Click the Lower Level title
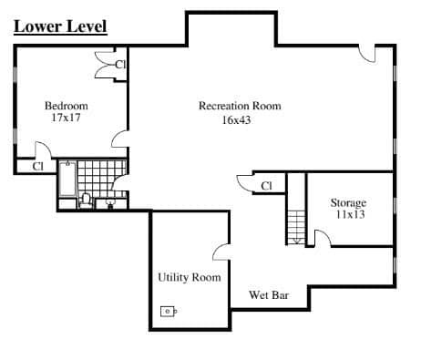60,26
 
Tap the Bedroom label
67,106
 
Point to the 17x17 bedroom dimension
66,118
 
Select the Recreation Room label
240,106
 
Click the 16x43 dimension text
237,120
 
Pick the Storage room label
348,203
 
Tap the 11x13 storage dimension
350,215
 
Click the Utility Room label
190,277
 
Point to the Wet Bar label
269,295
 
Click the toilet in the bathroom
86,201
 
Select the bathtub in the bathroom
67,180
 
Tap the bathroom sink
110,203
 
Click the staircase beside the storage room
296,227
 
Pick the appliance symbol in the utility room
169,312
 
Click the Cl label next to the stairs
266,186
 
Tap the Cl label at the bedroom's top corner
120,65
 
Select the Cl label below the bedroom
38,167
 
